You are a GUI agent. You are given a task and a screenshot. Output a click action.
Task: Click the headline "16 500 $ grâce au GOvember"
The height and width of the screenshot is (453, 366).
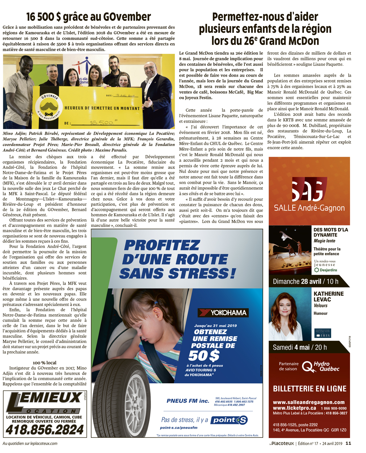89,17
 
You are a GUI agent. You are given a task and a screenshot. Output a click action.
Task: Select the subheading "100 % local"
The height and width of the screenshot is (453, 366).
45,363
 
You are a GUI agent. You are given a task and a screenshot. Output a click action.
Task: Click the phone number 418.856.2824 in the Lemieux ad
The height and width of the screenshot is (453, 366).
45,430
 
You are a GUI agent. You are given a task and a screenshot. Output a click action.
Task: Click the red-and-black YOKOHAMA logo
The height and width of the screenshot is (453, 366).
223,312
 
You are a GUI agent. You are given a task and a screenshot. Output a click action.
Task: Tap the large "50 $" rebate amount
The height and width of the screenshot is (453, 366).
204,355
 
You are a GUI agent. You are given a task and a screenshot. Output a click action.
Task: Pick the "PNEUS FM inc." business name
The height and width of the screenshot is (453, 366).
188,401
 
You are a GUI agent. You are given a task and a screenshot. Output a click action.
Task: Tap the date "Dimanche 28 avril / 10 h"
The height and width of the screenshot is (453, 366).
305,281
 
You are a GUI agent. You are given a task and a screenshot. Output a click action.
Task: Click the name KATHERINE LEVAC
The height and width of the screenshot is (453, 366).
328,296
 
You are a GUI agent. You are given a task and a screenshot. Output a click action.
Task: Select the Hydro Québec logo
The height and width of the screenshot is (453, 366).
321,366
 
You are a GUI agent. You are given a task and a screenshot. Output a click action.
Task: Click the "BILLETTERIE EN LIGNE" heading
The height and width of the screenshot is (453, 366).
309,389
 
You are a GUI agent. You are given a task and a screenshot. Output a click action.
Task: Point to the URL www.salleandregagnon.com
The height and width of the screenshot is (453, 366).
309,402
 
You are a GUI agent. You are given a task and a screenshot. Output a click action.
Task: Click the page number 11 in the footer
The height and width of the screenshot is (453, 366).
348,443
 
